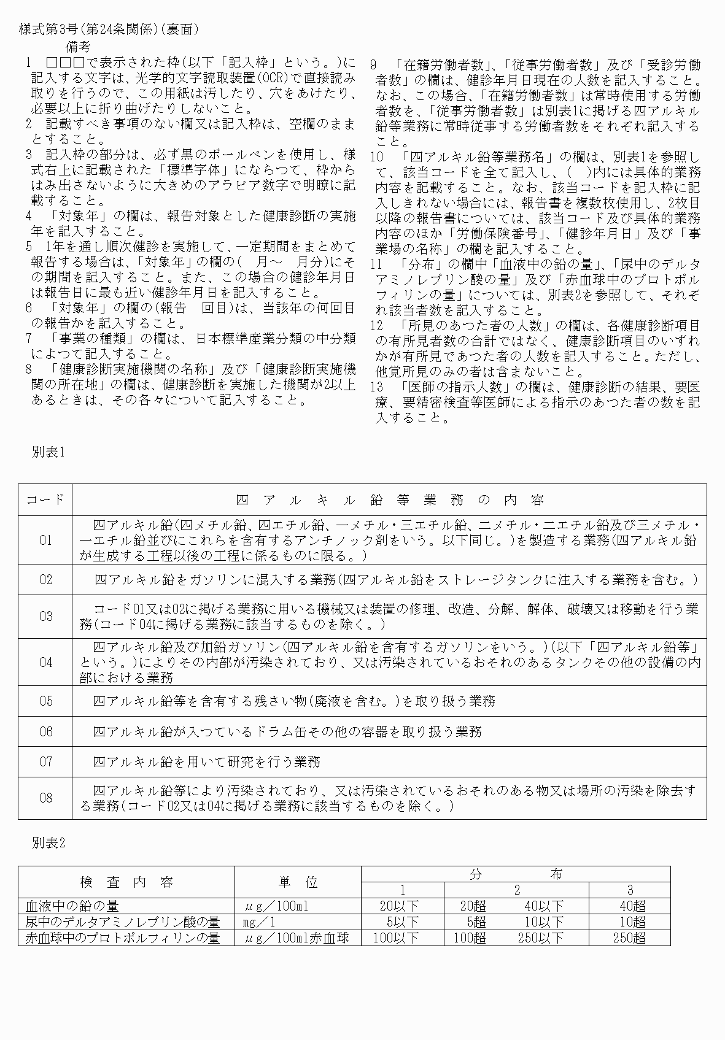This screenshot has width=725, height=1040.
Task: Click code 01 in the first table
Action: (x=46, y=541)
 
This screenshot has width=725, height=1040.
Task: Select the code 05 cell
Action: (x=46, y=701)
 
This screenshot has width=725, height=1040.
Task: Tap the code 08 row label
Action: (x=46, y=798)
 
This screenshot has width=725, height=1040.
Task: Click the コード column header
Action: (x=45, y=500)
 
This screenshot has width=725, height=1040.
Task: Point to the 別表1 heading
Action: (x=48, y=452)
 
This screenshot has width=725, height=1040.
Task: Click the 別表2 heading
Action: (x=48, y=843)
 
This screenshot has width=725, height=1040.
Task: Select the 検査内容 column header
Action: (x=126, y=882)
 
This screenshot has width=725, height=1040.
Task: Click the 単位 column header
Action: (x=298, y=882)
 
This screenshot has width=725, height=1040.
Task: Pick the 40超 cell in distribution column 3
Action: (x=632, y=906)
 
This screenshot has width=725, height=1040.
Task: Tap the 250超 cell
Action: (x=629, y=938)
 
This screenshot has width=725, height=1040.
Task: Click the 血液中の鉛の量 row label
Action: (x=72, y=906)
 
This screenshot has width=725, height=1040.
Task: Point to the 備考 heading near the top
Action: (x=78, y=47)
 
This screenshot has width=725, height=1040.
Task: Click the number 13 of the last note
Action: (x=378, y=387)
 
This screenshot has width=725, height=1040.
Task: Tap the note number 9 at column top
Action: (x=374, y=65)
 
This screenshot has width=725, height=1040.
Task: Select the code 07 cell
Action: (x=46, y=762)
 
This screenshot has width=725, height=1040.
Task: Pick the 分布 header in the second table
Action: (x=516, y=874)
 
